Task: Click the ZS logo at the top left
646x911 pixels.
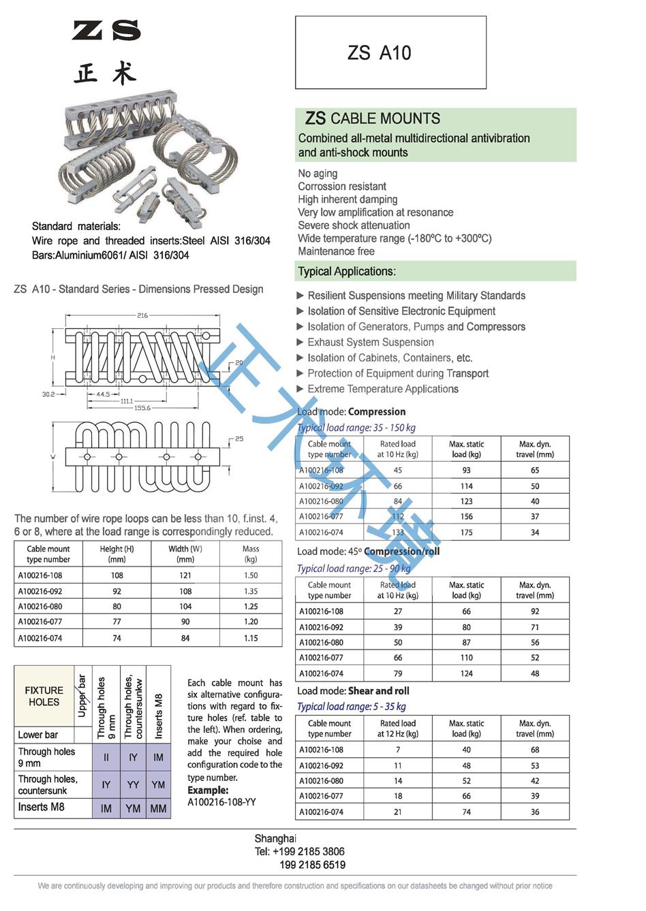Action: point(106,31)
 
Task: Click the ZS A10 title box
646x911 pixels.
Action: point(390,52)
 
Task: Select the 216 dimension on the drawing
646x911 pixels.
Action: point(142,315)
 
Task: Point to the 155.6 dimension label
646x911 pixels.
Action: point(142,408)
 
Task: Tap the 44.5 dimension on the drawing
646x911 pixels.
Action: point(103,394)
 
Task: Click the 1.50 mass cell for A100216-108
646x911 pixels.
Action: point(251,575)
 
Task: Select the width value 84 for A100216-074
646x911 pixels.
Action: point(185,638)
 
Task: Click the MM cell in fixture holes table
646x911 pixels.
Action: point(158,808)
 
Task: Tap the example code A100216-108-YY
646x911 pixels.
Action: point(221,802)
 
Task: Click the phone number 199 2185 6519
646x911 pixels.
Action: point(312,865)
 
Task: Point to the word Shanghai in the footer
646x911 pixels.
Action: point(275,839)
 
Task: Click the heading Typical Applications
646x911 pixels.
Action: point(346,272)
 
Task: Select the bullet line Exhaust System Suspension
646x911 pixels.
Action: point(370,342)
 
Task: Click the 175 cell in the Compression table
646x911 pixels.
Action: point(466,532)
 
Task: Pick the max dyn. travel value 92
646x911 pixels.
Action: point(535,611)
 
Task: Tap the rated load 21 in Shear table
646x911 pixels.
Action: point(398,812)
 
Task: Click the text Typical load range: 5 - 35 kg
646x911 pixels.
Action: point(351,707)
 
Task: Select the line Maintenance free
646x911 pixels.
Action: point(336,251)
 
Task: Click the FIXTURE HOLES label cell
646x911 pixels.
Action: point(44,696)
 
